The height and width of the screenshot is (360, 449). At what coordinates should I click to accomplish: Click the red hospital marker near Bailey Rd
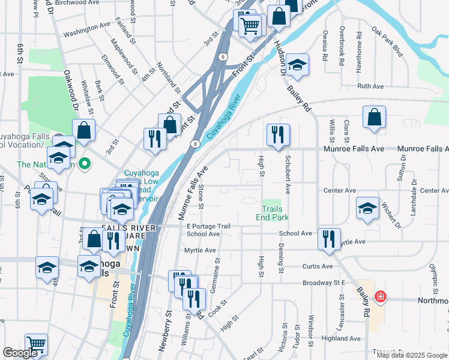(379, 296)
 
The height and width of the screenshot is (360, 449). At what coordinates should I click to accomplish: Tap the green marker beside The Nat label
(85, 163)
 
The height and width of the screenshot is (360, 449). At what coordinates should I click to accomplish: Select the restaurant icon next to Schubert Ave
(277, 134)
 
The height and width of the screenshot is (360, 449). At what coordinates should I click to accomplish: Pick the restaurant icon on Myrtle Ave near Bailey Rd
(329, 238)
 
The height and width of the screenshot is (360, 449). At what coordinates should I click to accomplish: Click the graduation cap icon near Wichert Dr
(368, 208)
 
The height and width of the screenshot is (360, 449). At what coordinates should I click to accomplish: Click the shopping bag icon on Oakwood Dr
(84, 130)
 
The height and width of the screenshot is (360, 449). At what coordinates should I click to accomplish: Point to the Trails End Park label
(275, 213)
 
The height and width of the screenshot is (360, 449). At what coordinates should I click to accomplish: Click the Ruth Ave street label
(370, 86)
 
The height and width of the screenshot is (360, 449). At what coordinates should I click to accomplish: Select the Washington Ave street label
(87, 29)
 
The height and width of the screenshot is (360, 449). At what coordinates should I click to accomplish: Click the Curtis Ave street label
(318, 266)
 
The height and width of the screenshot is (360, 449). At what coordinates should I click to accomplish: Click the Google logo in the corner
(20, 353)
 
